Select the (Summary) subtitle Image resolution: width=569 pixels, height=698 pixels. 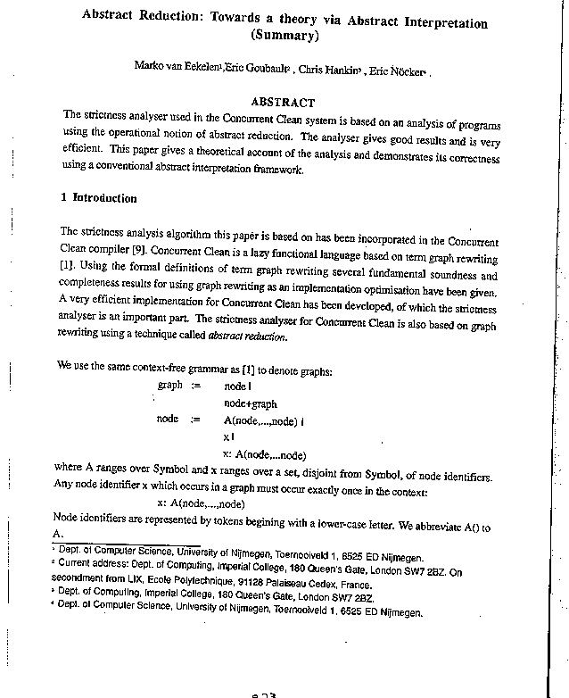[x=284, y=36]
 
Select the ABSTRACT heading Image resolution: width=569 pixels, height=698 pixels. [x=283, y=103]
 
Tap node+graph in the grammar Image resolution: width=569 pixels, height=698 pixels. [x=250, y=403]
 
